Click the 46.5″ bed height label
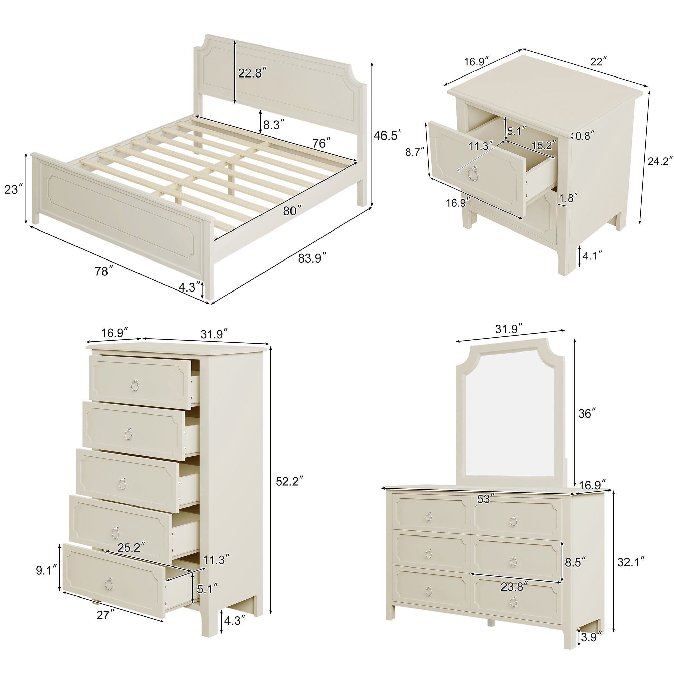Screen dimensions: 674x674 tap(387, 135)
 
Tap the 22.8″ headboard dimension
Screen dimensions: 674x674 tap(252, 73)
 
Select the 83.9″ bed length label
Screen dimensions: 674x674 tap(312, 258)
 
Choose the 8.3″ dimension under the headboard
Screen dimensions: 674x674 tap(274, 125)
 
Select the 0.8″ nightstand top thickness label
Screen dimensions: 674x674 tap(585, 136)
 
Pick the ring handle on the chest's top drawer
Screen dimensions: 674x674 tap(134, 385)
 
